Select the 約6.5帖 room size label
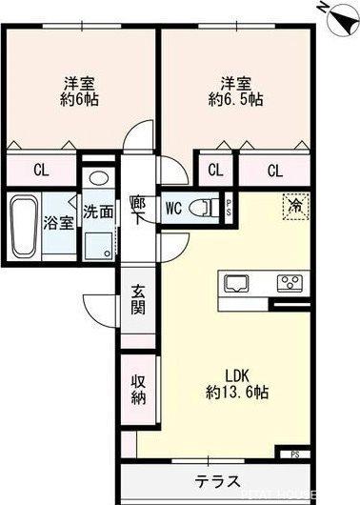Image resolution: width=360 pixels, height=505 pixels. click(234, 97)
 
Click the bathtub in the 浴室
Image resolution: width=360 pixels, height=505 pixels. click(23, 225)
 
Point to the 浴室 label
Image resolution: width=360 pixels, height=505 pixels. click(59, 224)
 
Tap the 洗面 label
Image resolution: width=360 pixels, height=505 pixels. click(97, 212)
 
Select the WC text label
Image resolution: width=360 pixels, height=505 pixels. click(174, 206)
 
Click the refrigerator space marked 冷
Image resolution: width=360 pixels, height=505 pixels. click(294, 205)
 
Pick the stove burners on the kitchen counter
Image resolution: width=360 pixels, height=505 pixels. click(288, 282)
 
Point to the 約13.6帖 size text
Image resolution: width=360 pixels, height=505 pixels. click(236, 392)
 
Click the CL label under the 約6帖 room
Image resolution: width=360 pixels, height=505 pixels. click(41, 171)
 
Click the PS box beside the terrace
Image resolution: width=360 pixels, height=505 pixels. click(294, 454)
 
